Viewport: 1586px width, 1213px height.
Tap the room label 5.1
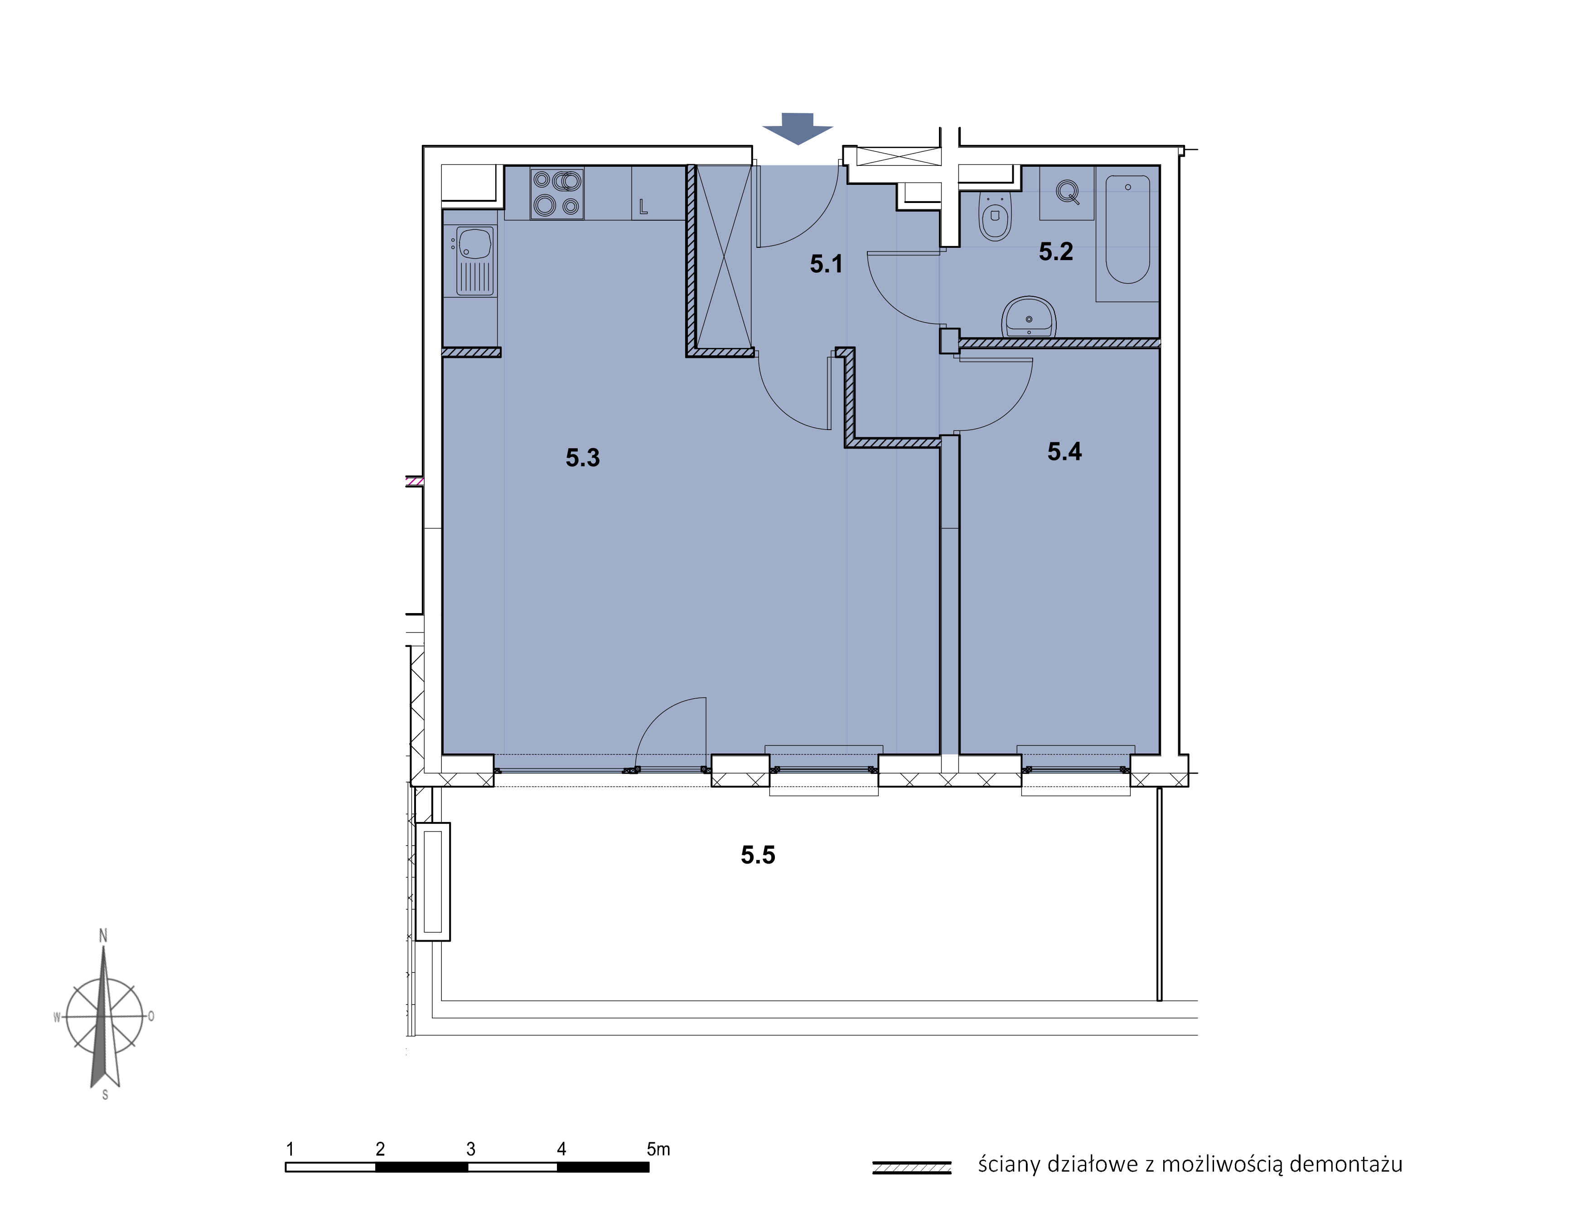click(x=826, y=264)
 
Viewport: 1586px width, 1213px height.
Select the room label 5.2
click(x=1055, y=251)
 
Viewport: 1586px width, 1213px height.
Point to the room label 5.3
click(x=583, y=458)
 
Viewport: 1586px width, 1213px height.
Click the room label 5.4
click(x=1064, y=452)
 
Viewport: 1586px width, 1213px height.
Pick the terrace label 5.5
click(x=758, y=855)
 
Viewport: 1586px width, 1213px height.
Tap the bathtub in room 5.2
click(x=1127, y=229)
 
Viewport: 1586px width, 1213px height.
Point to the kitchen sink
click(x=474, y=261)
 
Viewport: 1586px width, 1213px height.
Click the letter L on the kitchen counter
click(x=643, y=207)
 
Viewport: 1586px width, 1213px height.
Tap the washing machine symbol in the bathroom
click(x=1067, y=193)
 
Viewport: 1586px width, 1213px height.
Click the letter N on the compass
click(x=103, y=936)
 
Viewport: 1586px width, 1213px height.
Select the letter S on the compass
click(x=106, y=1095)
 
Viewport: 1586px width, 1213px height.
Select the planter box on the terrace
click(x=432, y=882)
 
